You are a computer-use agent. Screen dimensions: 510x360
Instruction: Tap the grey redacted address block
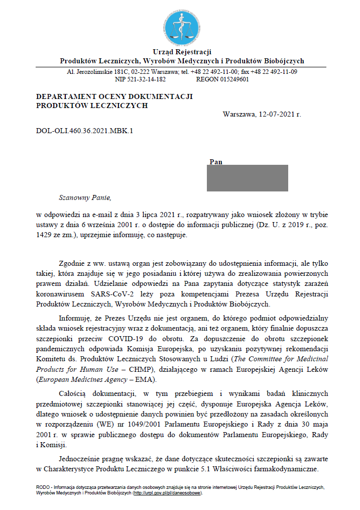[x=247, y=178]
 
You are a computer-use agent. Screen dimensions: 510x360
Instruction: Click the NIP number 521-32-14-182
[x=147, y=79]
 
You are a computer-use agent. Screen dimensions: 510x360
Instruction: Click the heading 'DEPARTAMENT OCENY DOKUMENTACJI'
[x=114, y=96]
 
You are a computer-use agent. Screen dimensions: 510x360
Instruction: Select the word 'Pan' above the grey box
[x=216, y=162]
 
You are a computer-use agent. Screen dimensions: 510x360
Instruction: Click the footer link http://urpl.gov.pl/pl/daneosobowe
[x=167, y=493]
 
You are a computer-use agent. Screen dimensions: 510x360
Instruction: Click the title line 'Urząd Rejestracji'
[x=182, y=52]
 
